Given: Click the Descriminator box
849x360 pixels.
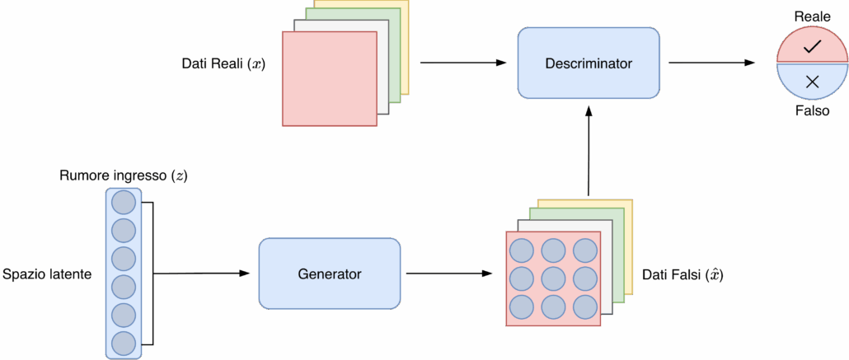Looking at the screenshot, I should pos(588,63).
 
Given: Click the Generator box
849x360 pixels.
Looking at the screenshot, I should pos(329,274).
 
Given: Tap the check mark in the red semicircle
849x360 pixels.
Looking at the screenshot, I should pos(812,48).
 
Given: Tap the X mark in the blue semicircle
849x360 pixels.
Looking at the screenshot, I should pos(812,81).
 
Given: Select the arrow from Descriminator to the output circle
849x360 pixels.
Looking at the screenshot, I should pos(709,63).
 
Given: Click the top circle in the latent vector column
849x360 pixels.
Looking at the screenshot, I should pos(123,202).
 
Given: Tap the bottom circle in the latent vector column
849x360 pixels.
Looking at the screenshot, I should pos(123,343).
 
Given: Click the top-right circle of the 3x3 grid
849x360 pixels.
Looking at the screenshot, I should pos(585,250).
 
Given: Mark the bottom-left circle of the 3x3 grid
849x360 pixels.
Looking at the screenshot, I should pos(521,307).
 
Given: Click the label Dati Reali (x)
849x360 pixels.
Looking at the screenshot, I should pos(223,63).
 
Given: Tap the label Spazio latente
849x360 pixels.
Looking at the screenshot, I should pos(45,274).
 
